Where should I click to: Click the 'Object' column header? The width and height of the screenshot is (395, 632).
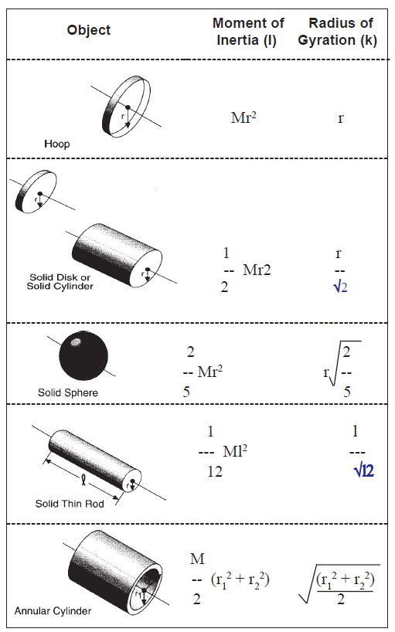pos(89,30)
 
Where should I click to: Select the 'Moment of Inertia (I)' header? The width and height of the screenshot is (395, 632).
pos(248,32)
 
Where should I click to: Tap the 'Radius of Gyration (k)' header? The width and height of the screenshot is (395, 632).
pos(338,32)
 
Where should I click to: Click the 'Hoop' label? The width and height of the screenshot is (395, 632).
pos(57,144)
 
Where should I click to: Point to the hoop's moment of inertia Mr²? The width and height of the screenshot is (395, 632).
pos(243,117)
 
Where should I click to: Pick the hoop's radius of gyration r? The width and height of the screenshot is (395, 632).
pos(341,118)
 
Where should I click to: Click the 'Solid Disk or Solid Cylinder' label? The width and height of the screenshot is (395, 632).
pos(60,282)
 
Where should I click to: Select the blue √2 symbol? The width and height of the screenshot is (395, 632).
pos(340,287)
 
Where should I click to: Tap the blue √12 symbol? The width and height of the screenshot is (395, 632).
pos(363,471)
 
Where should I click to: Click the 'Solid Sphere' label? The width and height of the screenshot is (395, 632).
pos(68,392)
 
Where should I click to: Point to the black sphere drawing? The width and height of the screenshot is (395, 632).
pos(83,356)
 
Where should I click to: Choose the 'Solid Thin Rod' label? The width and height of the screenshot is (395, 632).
pos(70,504)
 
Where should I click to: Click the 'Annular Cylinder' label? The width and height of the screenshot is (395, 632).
pos(53,611)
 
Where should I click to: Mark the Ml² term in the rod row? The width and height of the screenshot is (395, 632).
pos(235,451)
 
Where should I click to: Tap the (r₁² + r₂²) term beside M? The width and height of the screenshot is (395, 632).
pos(240,579)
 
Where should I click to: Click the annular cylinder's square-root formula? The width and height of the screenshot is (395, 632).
pos(339,584)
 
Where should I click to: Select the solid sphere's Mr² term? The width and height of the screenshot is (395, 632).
pos(210,371)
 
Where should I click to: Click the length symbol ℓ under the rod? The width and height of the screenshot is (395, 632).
pos(83,479)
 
